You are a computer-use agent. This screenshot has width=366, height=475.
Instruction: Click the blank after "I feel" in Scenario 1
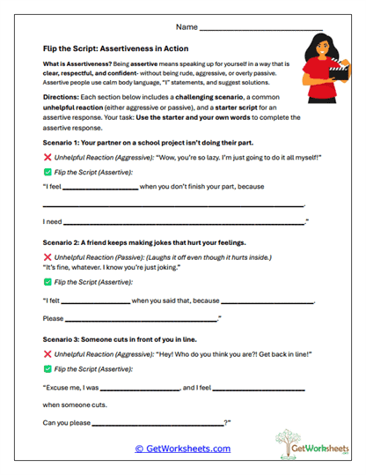pyautogui.click(x=103, y=188)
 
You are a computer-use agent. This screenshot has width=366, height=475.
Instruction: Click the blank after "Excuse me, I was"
pyautogui.click(x=139, y=389)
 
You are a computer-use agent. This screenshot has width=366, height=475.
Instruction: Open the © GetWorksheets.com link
pyautogui.click(x=183, y=449)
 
